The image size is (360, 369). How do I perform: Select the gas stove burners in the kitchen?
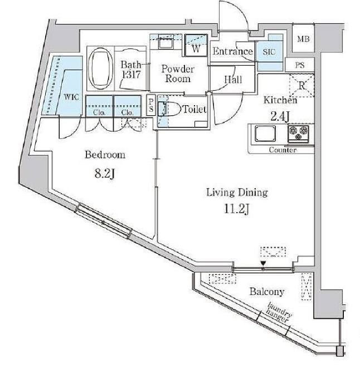[298, 134]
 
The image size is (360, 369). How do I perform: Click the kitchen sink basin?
[265, 133]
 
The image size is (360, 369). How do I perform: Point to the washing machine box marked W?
[196, 45]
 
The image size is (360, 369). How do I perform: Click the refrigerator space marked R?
[301, 85]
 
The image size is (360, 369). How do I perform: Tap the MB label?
[303, 39]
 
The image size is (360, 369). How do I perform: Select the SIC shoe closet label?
[269, 52]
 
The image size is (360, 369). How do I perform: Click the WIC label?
[71, 97]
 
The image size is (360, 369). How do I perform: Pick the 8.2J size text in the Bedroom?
[105, 174]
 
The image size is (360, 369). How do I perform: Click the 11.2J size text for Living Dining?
[236, 209]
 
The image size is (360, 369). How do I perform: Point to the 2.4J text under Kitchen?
[280, 116]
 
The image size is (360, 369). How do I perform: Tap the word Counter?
[283, 150]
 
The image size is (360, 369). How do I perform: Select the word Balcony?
[267, 292]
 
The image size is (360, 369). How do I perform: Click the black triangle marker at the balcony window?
[264, 263]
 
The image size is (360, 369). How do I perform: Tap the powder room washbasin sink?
[166, 43]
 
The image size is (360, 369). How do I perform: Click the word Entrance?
[232, 51]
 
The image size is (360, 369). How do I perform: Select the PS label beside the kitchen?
[300, 65]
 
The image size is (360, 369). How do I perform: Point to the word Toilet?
[194, 109]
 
